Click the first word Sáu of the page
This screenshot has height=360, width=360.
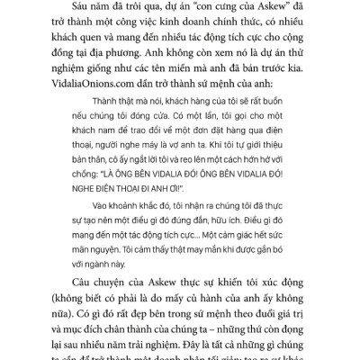click(x=52, y=14)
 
